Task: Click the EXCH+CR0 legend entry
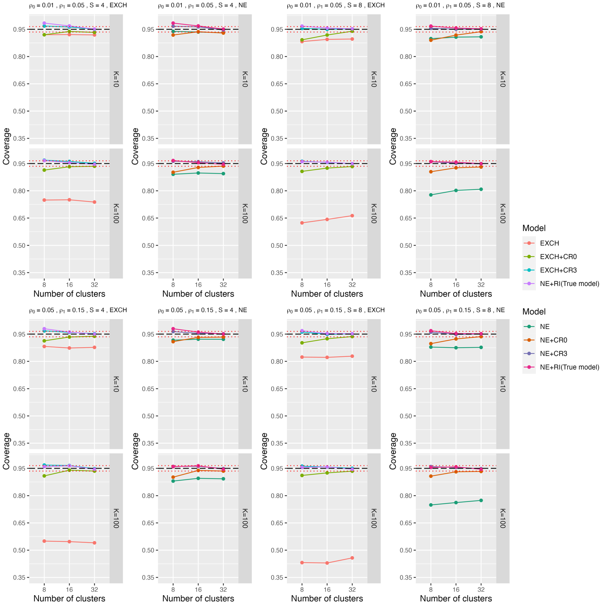coord(558,256)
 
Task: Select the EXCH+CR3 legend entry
coord(558,270)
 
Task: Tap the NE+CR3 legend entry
coord(553,354)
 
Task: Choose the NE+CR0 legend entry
coord(553,340)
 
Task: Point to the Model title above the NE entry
coord(534,312)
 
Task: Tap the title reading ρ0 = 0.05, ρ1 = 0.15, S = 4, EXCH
coord(78,310)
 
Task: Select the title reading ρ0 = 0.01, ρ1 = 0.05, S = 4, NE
coord(202,6)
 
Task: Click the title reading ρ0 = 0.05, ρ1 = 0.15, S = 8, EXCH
coord(336,310)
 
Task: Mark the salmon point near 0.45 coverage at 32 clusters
coord(352,558)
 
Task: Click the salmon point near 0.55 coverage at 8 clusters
coord(44,541)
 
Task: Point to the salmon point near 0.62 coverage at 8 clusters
coord(302,223)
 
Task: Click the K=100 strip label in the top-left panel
coord(116,213)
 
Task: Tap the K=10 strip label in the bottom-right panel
coord(503,384)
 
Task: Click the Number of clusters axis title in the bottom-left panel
coord(69,598)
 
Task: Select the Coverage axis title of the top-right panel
coord(393,146)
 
